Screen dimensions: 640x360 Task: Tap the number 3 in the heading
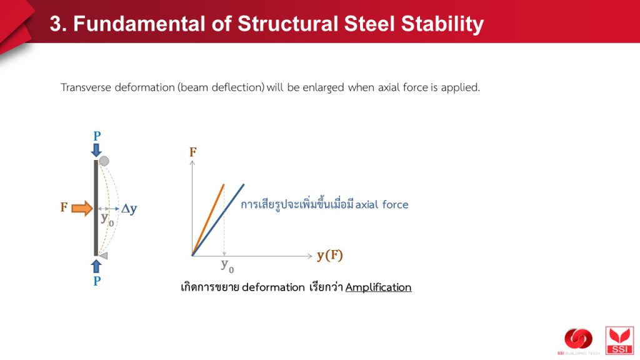(x=56, y=24)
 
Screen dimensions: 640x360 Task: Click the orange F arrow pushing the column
(x=82, y=208)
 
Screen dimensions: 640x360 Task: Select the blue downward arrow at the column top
(x=96, y=150)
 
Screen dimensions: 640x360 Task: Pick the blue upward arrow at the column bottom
(x=96, y=266)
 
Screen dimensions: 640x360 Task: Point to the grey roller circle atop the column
(x=104, y=161)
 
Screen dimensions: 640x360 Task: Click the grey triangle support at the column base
(x=103, y=256)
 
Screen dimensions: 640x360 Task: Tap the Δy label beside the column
(x=129, y=209)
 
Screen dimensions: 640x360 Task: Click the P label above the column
(x=97, y=136)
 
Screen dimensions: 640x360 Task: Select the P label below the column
(x=97, y=281)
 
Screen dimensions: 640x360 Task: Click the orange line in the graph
(x=208, y=220)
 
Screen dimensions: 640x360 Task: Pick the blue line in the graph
(x=218, y=220)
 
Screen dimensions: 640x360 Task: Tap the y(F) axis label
(x=330, y=256)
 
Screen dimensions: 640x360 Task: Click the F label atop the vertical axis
(x=192, y=152)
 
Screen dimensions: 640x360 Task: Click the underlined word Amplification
(x=378, y=287)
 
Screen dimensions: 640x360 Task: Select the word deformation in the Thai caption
(x=273, y=287)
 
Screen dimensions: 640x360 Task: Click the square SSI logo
(x=619, y=341)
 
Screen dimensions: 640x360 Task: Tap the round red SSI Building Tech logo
(x=578, y=339)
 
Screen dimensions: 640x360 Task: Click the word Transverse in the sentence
(x=86, y=87)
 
